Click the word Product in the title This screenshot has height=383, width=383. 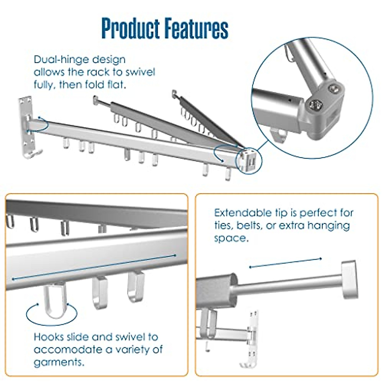point(131,28)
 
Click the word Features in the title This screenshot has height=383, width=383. point(197,28)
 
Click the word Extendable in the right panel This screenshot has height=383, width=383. point(243,213)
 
